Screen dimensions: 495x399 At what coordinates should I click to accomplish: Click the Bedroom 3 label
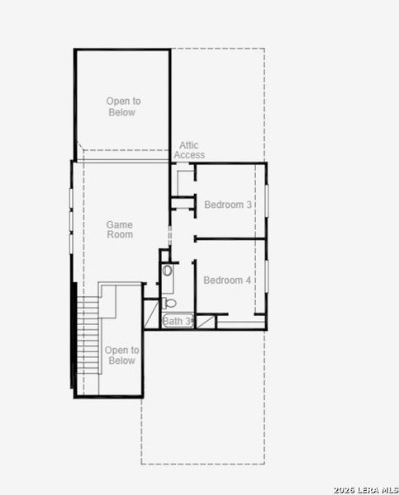click(228, 205)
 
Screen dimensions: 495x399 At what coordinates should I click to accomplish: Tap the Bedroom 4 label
click(228, 280)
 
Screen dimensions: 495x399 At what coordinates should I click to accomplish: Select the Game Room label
click(120, 229)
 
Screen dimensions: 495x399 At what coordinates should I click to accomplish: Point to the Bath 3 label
click(178, 321)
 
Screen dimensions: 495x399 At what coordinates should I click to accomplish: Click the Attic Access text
click(189, 150)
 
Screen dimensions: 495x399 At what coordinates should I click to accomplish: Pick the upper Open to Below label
click(123, 106)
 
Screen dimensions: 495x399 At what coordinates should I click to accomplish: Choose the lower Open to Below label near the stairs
click(121, 356)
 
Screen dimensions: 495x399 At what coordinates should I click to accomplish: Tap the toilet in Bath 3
click(169, 303)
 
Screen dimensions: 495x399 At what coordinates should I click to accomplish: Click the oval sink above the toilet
click(168, 270)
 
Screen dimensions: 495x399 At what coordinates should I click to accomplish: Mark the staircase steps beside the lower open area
click(88, 338)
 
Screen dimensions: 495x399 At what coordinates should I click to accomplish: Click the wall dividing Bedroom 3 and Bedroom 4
click(230, 239)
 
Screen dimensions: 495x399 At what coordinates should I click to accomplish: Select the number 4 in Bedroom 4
click(249, 280)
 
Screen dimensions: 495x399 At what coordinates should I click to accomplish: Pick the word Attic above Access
click(189, 145)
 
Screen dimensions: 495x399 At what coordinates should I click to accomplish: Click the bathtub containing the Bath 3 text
click(178, 321)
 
